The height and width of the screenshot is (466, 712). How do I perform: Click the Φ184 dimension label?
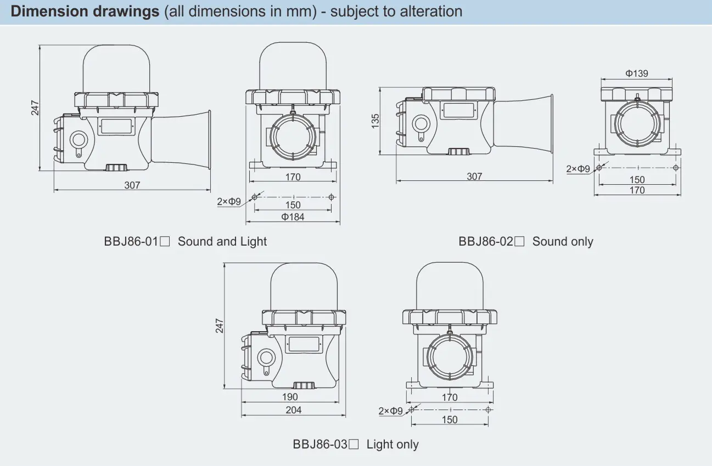tap(293, 217)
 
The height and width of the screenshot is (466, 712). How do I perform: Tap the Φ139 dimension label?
tap(637, 73)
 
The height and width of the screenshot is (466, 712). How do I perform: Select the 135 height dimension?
tap(375, 121)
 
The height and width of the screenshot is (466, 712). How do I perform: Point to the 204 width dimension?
tap(293, 410)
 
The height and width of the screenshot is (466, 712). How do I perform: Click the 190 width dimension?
tap(290, 397)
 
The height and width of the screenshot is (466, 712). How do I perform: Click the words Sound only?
tap(563, 242)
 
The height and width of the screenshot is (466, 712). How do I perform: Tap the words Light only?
tap(393, 445)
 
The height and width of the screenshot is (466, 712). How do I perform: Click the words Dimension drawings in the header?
tap(85, 12)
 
